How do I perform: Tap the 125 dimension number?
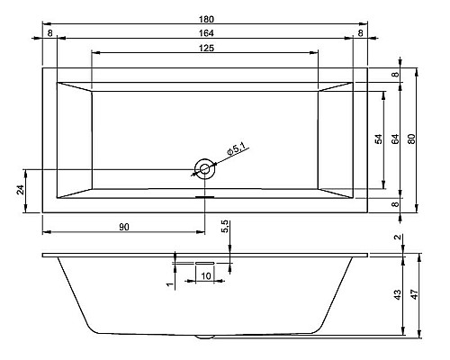(205, 48)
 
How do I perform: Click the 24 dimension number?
(19, 190)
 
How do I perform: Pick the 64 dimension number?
(394, 139)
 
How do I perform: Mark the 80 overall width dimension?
(410, 139)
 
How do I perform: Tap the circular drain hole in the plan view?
(205, 167)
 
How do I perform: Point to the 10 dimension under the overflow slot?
(206, 275)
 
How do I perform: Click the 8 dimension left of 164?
(49, 33)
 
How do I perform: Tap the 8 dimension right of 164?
(360, 33)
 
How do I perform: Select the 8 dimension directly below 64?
(394, 203)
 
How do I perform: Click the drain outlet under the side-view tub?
(205, 337)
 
